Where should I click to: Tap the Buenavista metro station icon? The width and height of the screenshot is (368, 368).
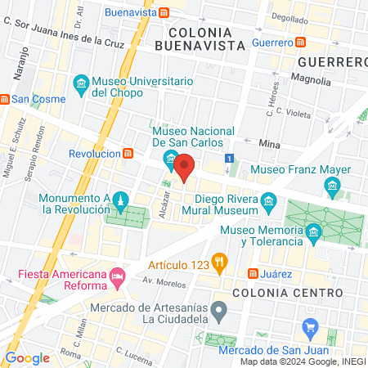coord(165,12)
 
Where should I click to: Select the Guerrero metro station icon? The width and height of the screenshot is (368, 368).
coord(301,42)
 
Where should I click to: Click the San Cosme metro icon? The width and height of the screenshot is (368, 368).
coord(4,100)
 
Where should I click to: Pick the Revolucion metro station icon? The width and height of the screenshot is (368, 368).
coord(128,153)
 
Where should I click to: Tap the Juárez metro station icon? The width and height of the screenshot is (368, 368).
coord(254,272)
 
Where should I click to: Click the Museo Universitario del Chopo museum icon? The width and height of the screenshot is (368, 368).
coord(81,84)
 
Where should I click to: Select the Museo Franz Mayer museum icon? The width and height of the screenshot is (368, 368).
coord(333,189)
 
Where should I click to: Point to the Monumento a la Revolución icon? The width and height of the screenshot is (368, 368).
coord(120,201)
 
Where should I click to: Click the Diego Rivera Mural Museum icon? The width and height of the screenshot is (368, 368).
coord(268,201)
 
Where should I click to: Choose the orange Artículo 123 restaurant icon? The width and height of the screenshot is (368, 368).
coord(218,262)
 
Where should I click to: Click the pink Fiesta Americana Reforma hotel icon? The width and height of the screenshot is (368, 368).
coord(118,276)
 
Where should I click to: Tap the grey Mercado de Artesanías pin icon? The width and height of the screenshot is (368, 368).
coord(218,311)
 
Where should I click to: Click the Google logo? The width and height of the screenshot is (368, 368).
coord(27,358)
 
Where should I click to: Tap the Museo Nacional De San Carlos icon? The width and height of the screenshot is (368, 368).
coord(171,158)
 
